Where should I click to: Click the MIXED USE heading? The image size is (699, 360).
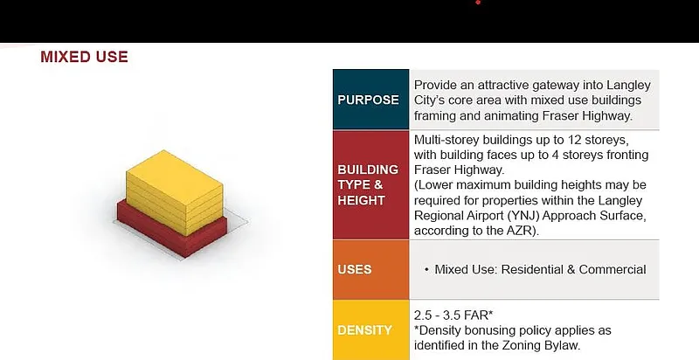84,57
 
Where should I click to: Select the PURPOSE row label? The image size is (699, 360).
368,100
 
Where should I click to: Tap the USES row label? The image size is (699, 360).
355,269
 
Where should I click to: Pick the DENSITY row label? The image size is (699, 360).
365,330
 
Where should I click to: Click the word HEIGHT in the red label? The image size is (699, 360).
361,200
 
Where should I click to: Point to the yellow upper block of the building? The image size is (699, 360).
174,191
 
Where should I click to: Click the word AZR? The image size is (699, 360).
519,231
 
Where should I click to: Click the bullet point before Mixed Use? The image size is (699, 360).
426,269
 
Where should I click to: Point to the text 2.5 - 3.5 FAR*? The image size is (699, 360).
453,315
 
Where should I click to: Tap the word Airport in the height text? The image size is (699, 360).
481,216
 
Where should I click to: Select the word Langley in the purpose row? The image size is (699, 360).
627,86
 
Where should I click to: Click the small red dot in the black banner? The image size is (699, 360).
478,3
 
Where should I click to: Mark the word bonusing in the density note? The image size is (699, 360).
492,330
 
